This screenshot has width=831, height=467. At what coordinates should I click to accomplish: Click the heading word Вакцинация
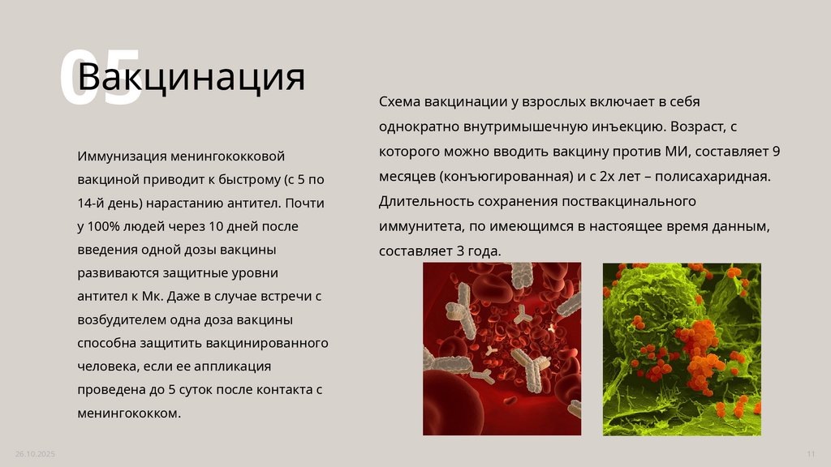pos(192,78)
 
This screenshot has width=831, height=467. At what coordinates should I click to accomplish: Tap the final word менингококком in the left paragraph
pos(127,413)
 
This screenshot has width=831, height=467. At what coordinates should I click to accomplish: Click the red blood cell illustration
pos(502,349)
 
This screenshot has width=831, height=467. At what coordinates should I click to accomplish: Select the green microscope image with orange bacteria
pos(682,349)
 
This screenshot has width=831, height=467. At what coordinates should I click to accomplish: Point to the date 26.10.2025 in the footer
pos(35,452)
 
